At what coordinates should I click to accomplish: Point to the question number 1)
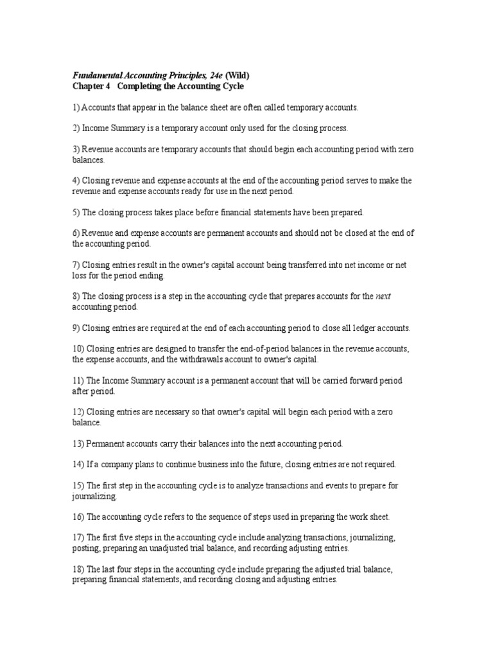pyautogui.click(x=75, y=107)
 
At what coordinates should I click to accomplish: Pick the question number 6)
pyautogui.click(x=75, y=233)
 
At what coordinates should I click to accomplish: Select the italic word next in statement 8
pyautogui.click(x=383, y=296)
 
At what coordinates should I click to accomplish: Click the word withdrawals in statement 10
pyautogui.click(x=184, y=359)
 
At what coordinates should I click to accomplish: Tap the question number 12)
pyautogui.click(x=78, y=411)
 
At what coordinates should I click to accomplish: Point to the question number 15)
pyautogui.click(x=78, y=485)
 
